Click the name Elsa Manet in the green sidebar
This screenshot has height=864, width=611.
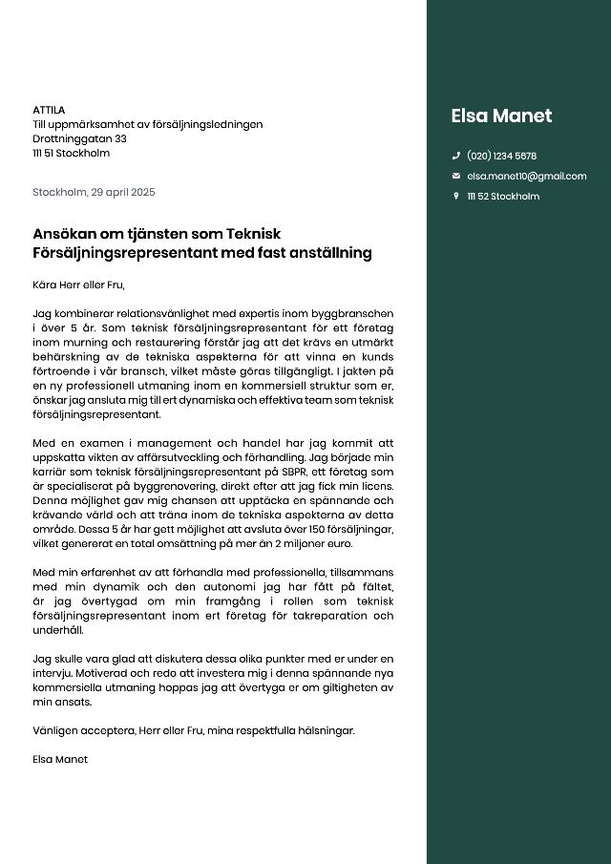click(501, 116)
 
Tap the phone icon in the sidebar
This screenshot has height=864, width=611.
click(456, 156)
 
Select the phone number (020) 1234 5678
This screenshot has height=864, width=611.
click(501, 156)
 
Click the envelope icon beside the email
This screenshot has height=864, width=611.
click(456, 176)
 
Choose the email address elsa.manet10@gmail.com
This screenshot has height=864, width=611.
click(526, 176)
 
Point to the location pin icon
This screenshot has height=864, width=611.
click(456, 196)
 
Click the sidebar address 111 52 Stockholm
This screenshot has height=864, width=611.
click(502, 196)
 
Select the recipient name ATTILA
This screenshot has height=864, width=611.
click(49, 110)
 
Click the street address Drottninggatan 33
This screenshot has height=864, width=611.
click(79, 138)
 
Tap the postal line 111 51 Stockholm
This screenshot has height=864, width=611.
click(71, 153)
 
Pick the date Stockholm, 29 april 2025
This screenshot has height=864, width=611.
click(94, 192)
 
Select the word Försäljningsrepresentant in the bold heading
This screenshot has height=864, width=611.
click(127, 253)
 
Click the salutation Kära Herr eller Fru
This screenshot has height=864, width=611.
click(78, 284)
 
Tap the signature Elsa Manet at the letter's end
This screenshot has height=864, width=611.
click(59, 759)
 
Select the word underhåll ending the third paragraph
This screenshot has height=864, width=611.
click(58, 630)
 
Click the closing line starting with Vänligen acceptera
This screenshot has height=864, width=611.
click(193, 730)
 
